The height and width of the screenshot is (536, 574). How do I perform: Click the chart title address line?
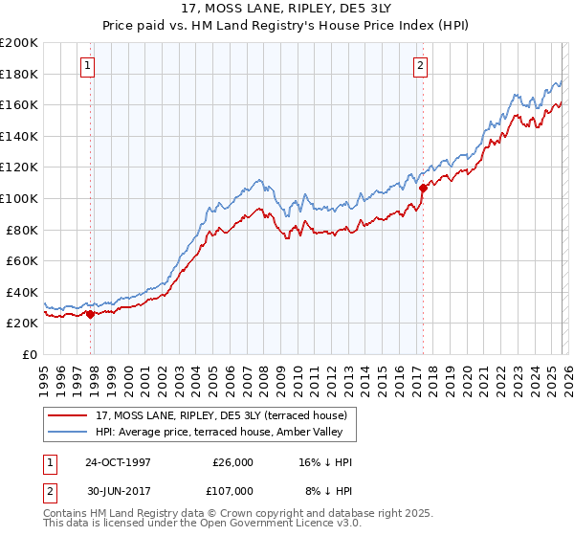[x=286, y=9]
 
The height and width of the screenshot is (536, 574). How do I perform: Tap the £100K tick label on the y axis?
[x=19, y=198]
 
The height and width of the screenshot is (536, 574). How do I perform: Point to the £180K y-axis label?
[x=19, y=74]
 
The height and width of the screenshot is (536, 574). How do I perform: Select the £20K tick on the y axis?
[x=22, y=324]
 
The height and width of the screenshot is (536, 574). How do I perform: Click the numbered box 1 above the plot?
[x=87, y=66]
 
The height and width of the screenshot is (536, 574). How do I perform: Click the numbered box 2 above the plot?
[x=420, y=66]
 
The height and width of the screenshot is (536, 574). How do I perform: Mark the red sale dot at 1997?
[x=91, y=313]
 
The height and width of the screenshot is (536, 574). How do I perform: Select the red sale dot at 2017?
[x=423, y=188]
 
